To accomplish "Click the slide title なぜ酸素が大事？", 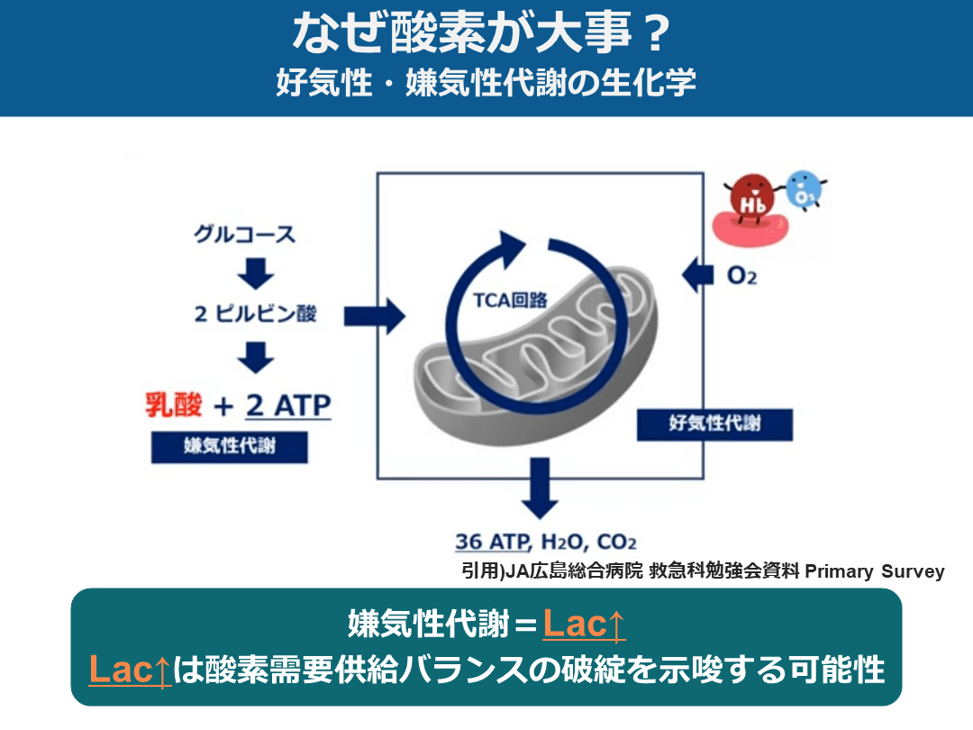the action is [482, 33].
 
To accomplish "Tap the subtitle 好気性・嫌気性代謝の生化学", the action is [486, 83].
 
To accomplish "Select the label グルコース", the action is [244, 234].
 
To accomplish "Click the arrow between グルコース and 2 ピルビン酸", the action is [256, 273].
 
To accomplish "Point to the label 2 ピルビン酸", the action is [255, 314].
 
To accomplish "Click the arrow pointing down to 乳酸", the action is [256, 357].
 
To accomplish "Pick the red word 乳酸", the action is [174, 406].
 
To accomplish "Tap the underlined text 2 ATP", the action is [288, 406].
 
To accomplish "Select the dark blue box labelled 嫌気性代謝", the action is [230, 447].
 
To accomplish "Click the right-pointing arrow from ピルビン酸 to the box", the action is [375, 316].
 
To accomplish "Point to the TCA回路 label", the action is [510, 300].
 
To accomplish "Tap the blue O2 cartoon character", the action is [805, 189].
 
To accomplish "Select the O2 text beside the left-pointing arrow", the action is [741, 276].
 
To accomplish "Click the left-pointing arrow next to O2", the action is [697, 274].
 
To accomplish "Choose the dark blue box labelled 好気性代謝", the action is [714, 424].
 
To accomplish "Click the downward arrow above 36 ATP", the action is [540, 488].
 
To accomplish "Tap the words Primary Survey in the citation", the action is [874, 571].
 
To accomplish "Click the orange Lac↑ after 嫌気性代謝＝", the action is [584, 625].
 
